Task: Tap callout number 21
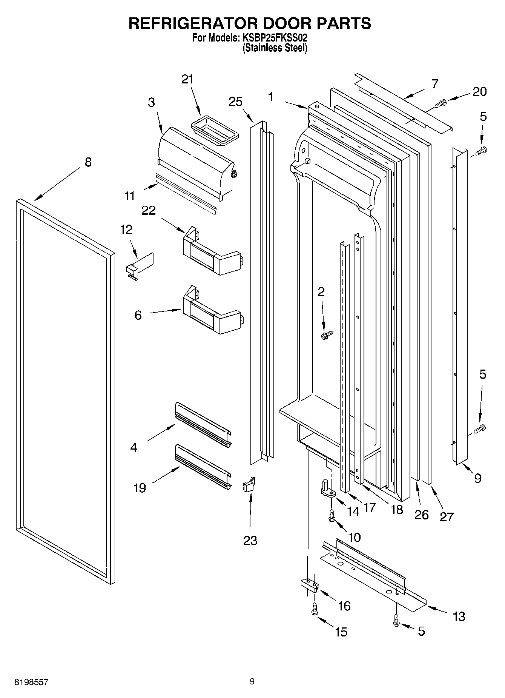[x=187, y=79]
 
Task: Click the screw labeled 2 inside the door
[x=327, y=334]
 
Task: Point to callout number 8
[x=87, y=162]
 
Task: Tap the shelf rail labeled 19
[x=203, y=467]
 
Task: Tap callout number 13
[x=459, y=616]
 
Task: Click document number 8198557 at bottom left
[x=31, y=682]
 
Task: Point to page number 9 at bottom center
[x=252, y=681]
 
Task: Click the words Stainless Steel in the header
[x=275, y=48]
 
